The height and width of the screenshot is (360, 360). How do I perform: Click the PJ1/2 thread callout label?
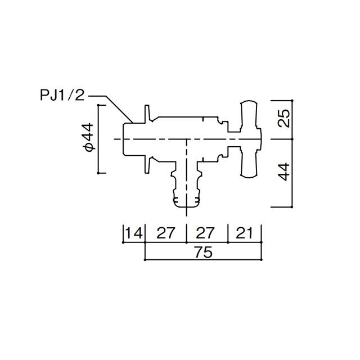point(62,95)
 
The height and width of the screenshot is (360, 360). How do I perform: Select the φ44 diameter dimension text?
point(89,137)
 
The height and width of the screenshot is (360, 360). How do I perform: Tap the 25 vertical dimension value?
point(283,118)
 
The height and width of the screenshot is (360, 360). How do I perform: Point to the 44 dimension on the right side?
point(283,172)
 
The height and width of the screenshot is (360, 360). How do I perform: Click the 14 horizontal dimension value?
point(134,233)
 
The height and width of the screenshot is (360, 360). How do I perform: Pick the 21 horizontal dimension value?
point(244,233)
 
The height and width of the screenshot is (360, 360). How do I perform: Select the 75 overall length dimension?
point(204,252)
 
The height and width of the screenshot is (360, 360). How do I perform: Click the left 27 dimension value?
point(166,233)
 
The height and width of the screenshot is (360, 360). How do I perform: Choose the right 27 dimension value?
point(205,233)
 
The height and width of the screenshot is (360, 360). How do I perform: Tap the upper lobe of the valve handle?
point(249,115)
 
